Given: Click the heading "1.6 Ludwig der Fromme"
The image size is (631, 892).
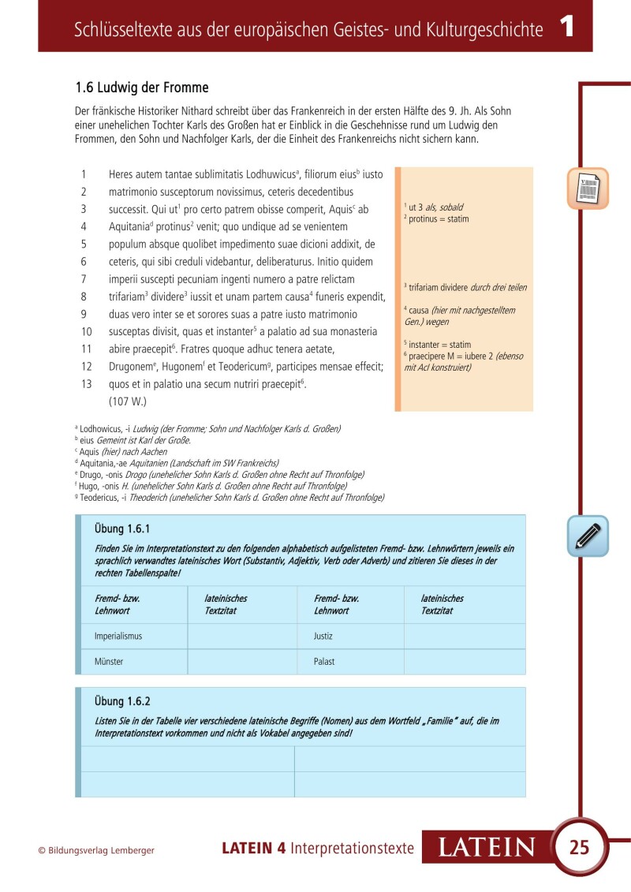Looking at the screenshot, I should [x=141, y=88].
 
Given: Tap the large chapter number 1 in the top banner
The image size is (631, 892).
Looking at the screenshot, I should [x=566, y=28].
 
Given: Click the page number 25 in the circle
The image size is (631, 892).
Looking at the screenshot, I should [x=579, y=848].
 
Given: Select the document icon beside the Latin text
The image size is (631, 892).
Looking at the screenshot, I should [x=588, y=188].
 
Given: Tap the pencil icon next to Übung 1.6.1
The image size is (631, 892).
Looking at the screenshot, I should [x=588, y=536].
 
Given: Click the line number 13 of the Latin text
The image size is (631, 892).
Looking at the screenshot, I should [x=87, y=383].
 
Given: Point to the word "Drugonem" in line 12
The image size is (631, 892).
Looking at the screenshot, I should [x=132, y=366].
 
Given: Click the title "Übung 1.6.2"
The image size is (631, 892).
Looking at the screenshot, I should [x=122, y=700].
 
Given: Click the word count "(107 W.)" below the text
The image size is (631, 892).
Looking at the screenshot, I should [x=128, y=401].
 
